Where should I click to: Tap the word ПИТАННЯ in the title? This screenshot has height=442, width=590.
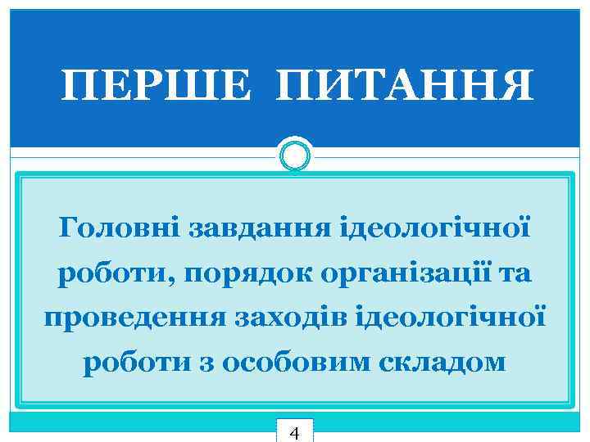pos(405,85)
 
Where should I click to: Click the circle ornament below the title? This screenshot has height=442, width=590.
pos(295,154)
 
